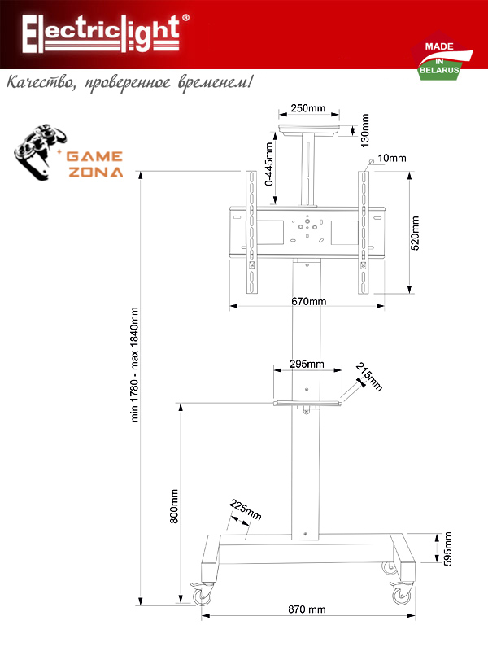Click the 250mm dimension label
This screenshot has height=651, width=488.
click(x=308, y=108)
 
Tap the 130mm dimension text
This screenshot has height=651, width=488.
click(x=364, y=130)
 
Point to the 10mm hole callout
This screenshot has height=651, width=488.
click(x=392, y=158)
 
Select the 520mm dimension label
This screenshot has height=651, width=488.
click(x=415, y=233)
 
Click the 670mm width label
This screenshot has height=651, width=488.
click(x=308, y=301)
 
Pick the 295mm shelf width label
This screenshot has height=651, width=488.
click(x=307, y=364)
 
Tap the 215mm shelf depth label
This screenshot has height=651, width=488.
click(x=369, y=377)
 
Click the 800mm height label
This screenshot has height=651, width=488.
click(x=174, y=506)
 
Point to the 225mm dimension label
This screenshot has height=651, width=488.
click(x=246, y=510)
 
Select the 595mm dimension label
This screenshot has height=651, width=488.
click(x=448, y=548)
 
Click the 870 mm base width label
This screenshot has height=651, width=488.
click(x=307, y=609)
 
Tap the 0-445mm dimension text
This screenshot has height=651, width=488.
click(x=269, y=164)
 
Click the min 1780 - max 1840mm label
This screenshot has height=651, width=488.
click(x=134, y=365)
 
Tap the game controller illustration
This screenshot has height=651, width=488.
click(x=39, y=152)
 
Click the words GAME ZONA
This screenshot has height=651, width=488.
click(x=95, y=164)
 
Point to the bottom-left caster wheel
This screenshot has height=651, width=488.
click(x=202, y=595)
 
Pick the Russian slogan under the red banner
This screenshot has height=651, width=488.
click(x=129, y=82)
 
